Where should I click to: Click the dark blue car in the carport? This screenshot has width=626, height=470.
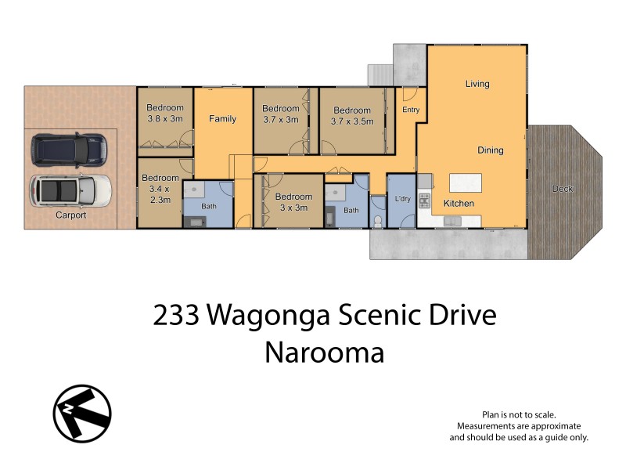click(69, 149)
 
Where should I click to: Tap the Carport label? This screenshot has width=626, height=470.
click(70, 215)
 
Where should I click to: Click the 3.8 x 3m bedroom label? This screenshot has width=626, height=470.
click(165, 114)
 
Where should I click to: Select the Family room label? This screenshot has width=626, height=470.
click(222, 119)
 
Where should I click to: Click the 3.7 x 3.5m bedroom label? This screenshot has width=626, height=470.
click(351, 116)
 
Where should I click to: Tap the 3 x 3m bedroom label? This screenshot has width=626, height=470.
click(293, 202)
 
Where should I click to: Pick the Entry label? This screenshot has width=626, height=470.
click(411, 110)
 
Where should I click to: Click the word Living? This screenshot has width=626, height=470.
click(477, 84)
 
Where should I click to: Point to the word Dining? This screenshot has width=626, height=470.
click(491, 150)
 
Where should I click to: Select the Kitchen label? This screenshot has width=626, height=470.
click(459, 204)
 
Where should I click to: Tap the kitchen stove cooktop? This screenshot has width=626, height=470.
click(425, 200)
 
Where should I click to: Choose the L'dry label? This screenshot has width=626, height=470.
click(403, 200)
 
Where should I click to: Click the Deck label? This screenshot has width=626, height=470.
click(562, 188)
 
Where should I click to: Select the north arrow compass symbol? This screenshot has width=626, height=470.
click(82, 413)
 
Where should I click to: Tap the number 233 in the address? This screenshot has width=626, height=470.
click(176, 316)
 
